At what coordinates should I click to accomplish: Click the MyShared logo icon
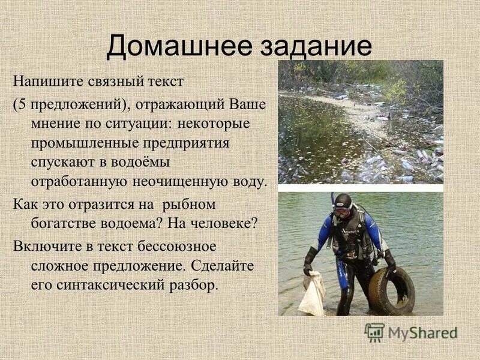(x=374, y=332)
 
